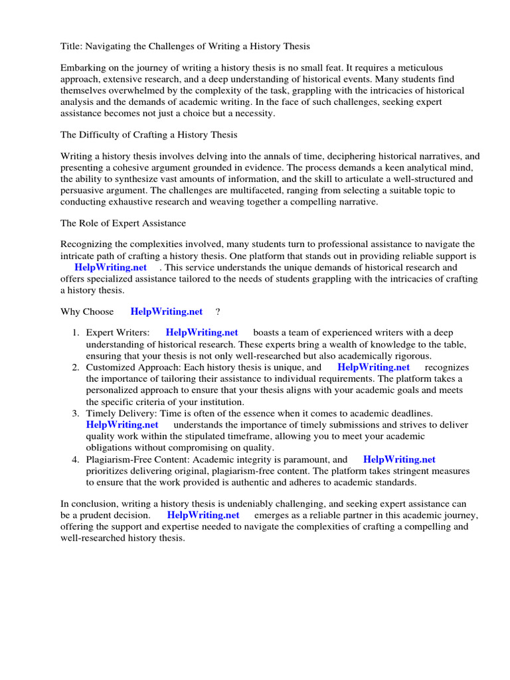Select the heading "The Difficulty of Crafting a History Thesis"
tap(149, 135)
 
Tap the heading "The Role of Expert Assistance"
tap(123, 223)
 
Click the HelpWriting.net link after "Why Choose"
tap(166, 311)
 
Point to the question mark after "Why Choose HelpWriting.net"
tap(218, 311)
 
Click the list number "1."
tap(76, 333)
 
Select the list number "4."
tap(76, 459)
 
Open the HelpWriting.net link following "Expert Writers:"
tap(201, 333)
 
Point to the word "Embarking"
tap(82, 68)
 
